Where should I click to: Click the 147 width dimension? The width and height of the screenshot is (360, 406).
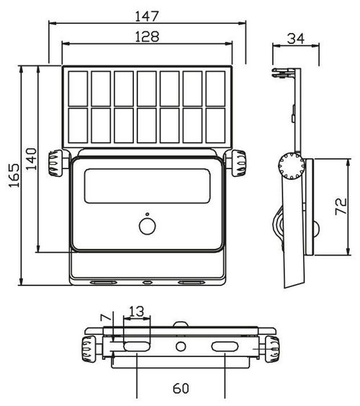147,16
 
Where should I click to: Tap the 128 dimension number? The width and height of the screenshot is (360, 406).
147,37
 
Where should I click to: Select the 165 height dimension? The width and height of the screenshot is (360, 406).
14,176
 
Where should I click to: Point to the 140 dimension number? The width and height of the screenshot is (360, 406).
32,158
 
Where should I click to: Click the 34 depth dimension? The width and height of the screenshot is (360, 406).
296,39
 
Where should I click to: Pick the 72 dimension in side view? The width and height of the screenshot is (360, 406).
341,207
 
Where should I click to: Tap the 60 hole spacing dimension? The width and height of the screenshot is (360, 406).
181,389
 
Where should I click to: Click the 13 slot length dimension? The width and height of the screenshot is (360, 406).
136,311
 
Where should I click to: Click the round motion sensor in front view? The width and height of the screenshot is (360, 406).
148,226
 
